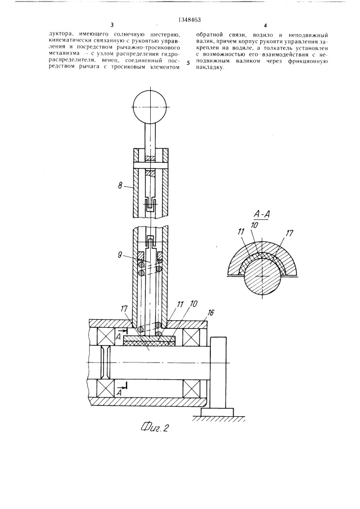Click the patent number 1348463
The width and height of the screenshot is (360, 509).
189,19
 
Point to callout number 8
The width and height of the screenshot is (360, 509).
121,186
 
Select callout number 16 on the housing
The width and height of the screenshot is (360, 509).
211,313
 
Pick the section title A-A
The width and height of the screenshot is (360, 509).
262,214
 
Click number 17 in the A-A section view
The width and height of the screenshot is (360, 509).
290,233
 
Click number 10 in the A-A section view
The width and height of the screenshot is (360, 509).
255,225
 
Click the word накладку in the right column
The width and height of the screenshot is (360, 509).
209,68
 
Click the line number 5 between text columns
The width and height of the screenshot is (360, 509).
188,63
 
